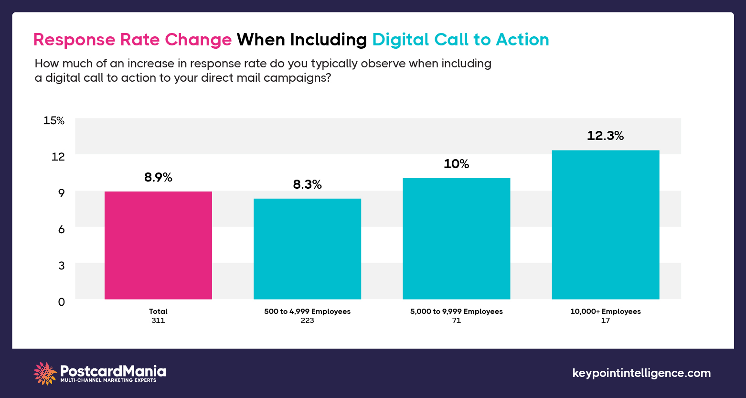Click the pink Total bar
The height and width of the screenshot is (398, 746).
[158, 245]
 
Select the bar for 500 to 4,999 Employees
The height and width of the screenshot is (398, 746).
[307, 248]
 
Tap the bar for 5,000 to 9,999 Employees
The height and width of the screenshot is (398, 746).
[456, 238]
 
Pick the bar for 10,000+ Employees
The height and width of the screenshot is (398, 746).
[605, 225]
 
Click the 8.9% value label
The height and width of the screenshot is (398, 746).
[158, 178]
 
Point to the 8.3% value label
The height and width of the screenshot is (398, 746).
[307, 184]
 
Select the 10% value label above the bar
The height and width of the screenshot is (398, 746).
[456, 164]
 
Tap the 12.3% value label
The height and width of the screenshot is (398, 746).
[605, 136]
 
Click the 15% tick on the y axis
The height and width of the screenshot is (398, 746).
[54, 120]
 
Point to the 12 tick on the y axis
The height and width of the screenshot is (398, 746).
[58, 157]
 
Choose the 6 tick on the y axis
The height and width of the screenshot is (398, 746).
[61, 229]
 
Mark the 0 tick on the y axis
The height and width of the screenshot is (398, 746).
[61, 302]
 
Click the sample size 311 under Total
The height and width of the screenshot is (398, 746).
[158, 321]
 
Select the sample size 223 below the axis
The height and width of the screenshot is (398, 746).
[307, 321]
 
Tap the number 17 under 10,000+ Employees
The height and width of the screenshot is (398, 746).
[605, 321]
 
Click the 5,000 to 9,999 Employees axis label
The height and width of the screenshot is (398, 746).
[456, 312]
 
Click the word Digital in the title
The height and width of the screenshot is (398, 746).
[401, 40]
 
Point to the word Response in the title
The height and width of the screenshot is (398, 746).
[73, 40]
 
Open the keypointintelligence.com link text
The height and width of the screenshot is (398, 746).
[641, 373]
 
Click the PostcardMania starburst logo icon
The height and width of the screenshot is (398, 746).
[45, 373]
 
